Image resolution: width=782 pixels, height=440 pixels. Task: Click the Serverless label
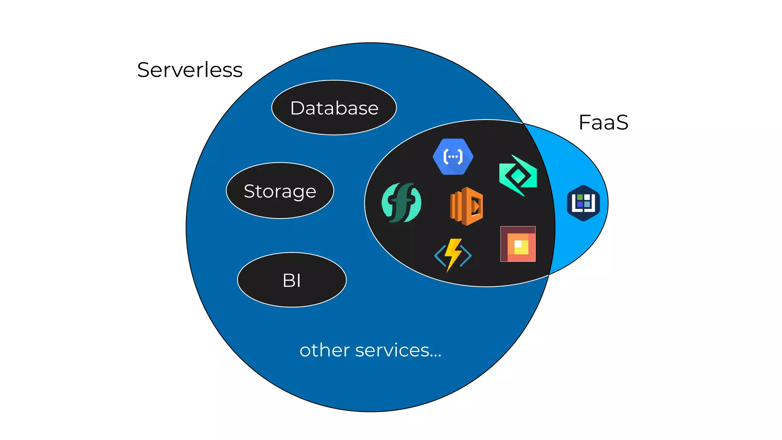point(190,70)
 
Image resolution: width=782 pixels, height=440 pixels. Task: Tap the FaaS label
point(603,123)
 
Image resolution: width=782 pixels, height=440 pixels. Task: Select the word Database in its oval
point(334,108)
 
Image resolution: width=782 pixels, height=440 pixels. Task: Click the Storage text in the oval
point(280,191)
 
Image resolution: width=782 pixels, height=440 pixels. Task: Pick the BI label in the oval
point(292,280)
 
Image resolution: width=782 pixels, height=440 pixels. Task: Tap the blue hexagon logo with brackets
point(453,157)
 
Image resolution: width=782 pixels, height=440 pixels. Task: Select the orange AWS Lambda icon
point(467,206)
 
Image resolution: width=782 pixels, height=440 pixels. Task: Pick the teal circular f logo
point(401,202)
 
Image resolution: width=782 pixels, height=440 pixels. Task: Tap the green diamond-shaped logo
point(518,176)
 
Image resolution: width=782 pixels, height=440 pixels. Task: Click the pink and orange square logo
point(518,244)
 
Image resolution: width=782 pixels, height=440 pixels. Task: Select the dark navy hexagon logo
point(583,203)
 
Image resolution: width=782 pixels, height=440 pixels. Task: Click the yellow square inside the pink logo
point(522,247)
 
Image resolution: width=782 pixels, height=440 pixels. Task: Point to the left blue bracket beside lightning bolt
point(440,256)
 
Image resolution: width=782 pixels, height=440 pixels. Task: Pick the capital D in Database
point(298,108)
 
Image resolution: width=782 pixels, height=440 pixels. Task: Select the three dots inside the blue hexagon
point(453,157)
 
